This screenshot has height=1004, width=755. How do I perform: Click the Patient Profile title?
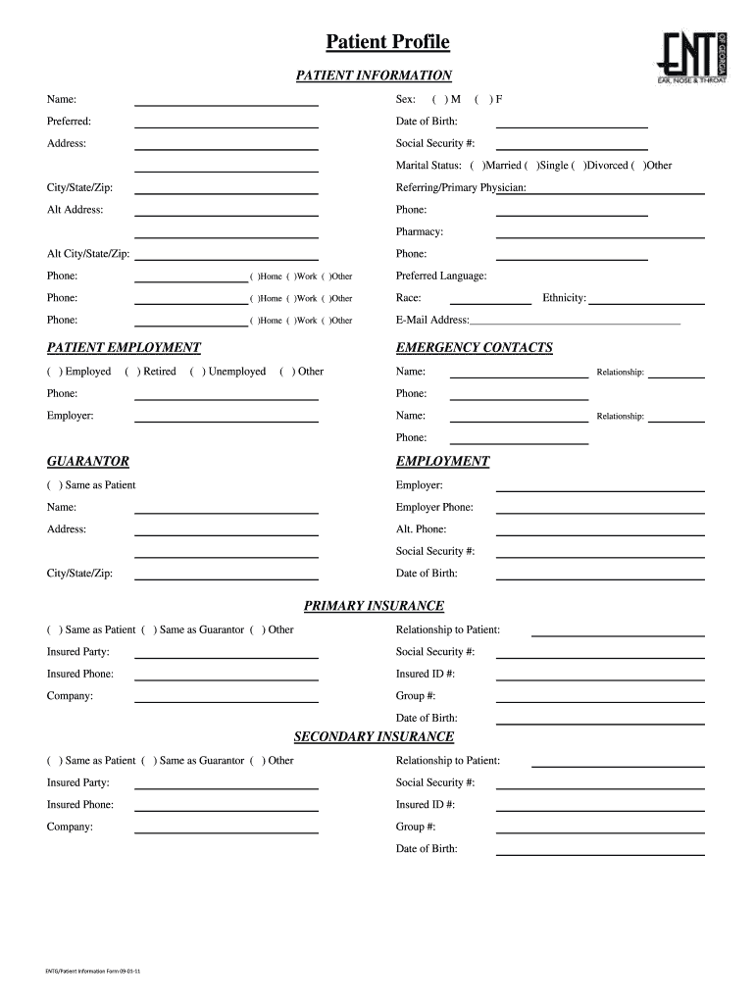coord(387,42)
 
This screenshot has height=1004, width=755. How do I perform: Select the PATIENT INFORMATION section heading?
coord(374,75)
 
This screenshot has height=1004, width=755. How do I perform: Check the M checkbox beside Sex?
coord(438,100)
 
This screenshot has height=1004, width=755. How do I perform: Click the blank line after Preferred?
coord(226,122)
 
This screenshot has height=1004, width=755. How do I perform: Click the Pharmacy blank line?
coord(600,232)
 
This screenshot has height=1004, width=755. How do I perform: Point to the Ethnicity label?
coord(564,298)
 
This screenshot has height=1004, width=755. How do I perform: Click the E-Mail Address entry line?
coord(575,320)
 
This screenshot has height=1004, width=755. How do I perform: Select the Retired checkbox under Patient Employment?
coord(131,372)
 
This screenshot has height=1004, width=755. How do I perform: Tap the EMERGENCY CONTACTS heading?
coord(474,348)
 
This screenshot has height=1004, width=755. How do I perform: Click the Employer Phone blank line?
coord(600,507)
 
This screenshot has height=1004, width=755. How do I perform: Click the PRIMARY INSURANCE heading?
coord(374,606)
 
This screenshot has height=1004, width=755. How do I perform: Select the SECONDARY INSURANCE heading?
coord(374,736)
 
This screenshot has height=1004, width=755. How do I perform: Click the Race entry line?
coord(489,298)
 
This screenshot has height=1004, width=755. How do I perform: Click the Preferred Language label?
coord(441,276)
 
